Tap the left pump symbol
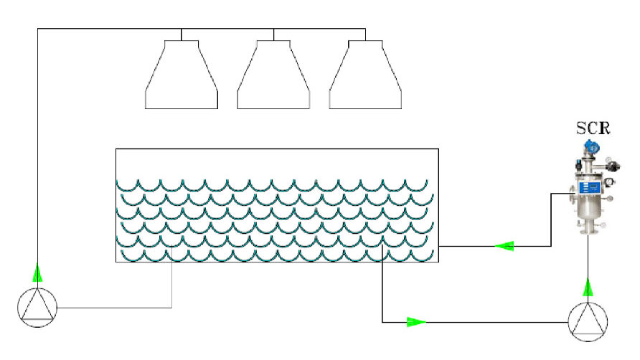37,307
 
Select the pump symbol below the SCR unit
588,321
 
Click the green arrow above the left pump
37,273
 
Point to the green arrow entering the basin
505,246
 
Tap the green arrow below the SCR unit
588,288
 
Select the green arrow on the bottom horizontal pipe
416,322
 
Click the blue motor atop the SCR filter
590,148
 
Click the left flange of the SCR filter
571,192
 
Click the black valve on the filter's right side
611,166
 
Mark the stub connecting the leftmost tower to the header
182,34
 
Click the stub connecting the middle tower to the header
273,34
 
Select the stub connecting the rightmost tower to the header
365,34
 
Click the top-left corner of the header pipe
37,29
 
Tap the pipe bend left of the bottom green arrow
382,322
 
